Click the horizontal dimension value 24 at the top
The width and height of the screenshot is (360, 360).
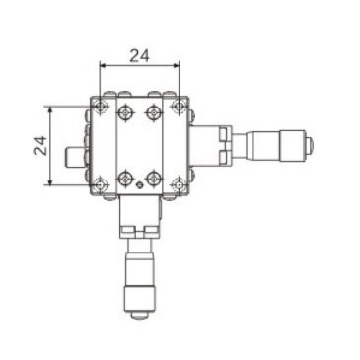[x=139, y=55]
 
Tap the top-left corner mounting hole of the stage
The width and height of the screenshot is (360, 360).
[x=101, y=106]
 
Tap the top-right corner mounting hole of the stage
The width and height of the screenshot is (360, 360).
[x=179, y=106]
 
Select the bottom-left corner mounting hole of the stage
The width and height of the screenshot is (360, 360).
[x=101, y=183]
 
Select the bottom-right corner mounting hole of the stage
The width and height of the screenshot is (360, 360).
[x=179, y=183]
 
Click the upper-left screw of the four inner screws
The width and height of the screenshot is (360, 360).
[x=125, y=113]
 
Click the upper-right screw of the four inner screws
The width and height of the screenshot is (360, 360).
[x=153, y=113]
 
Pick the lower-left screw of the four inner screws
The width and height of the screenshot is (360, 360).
[x=125, y=178]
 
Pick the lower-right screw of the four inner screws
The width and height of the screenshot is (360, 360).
[x=153, y=178]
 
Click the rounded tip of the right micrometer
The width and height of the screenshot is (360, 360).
[x=309, y=145]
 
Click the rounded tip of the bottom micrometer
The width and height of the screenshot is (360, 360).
[x=139, y=315]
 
